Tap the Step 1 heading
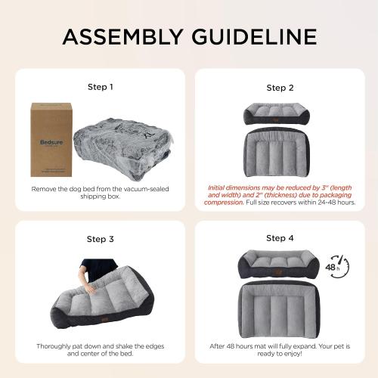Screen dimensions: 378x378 pos(100,86)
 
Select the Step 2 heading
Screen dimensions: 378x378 pos(280,88)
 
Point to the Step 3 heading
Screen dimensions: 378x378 pos(100,239)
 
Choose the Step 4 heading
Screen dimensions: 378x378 pos(280,239)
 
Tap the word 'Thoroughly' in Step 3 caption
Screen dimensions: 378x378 pos(57,345)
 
